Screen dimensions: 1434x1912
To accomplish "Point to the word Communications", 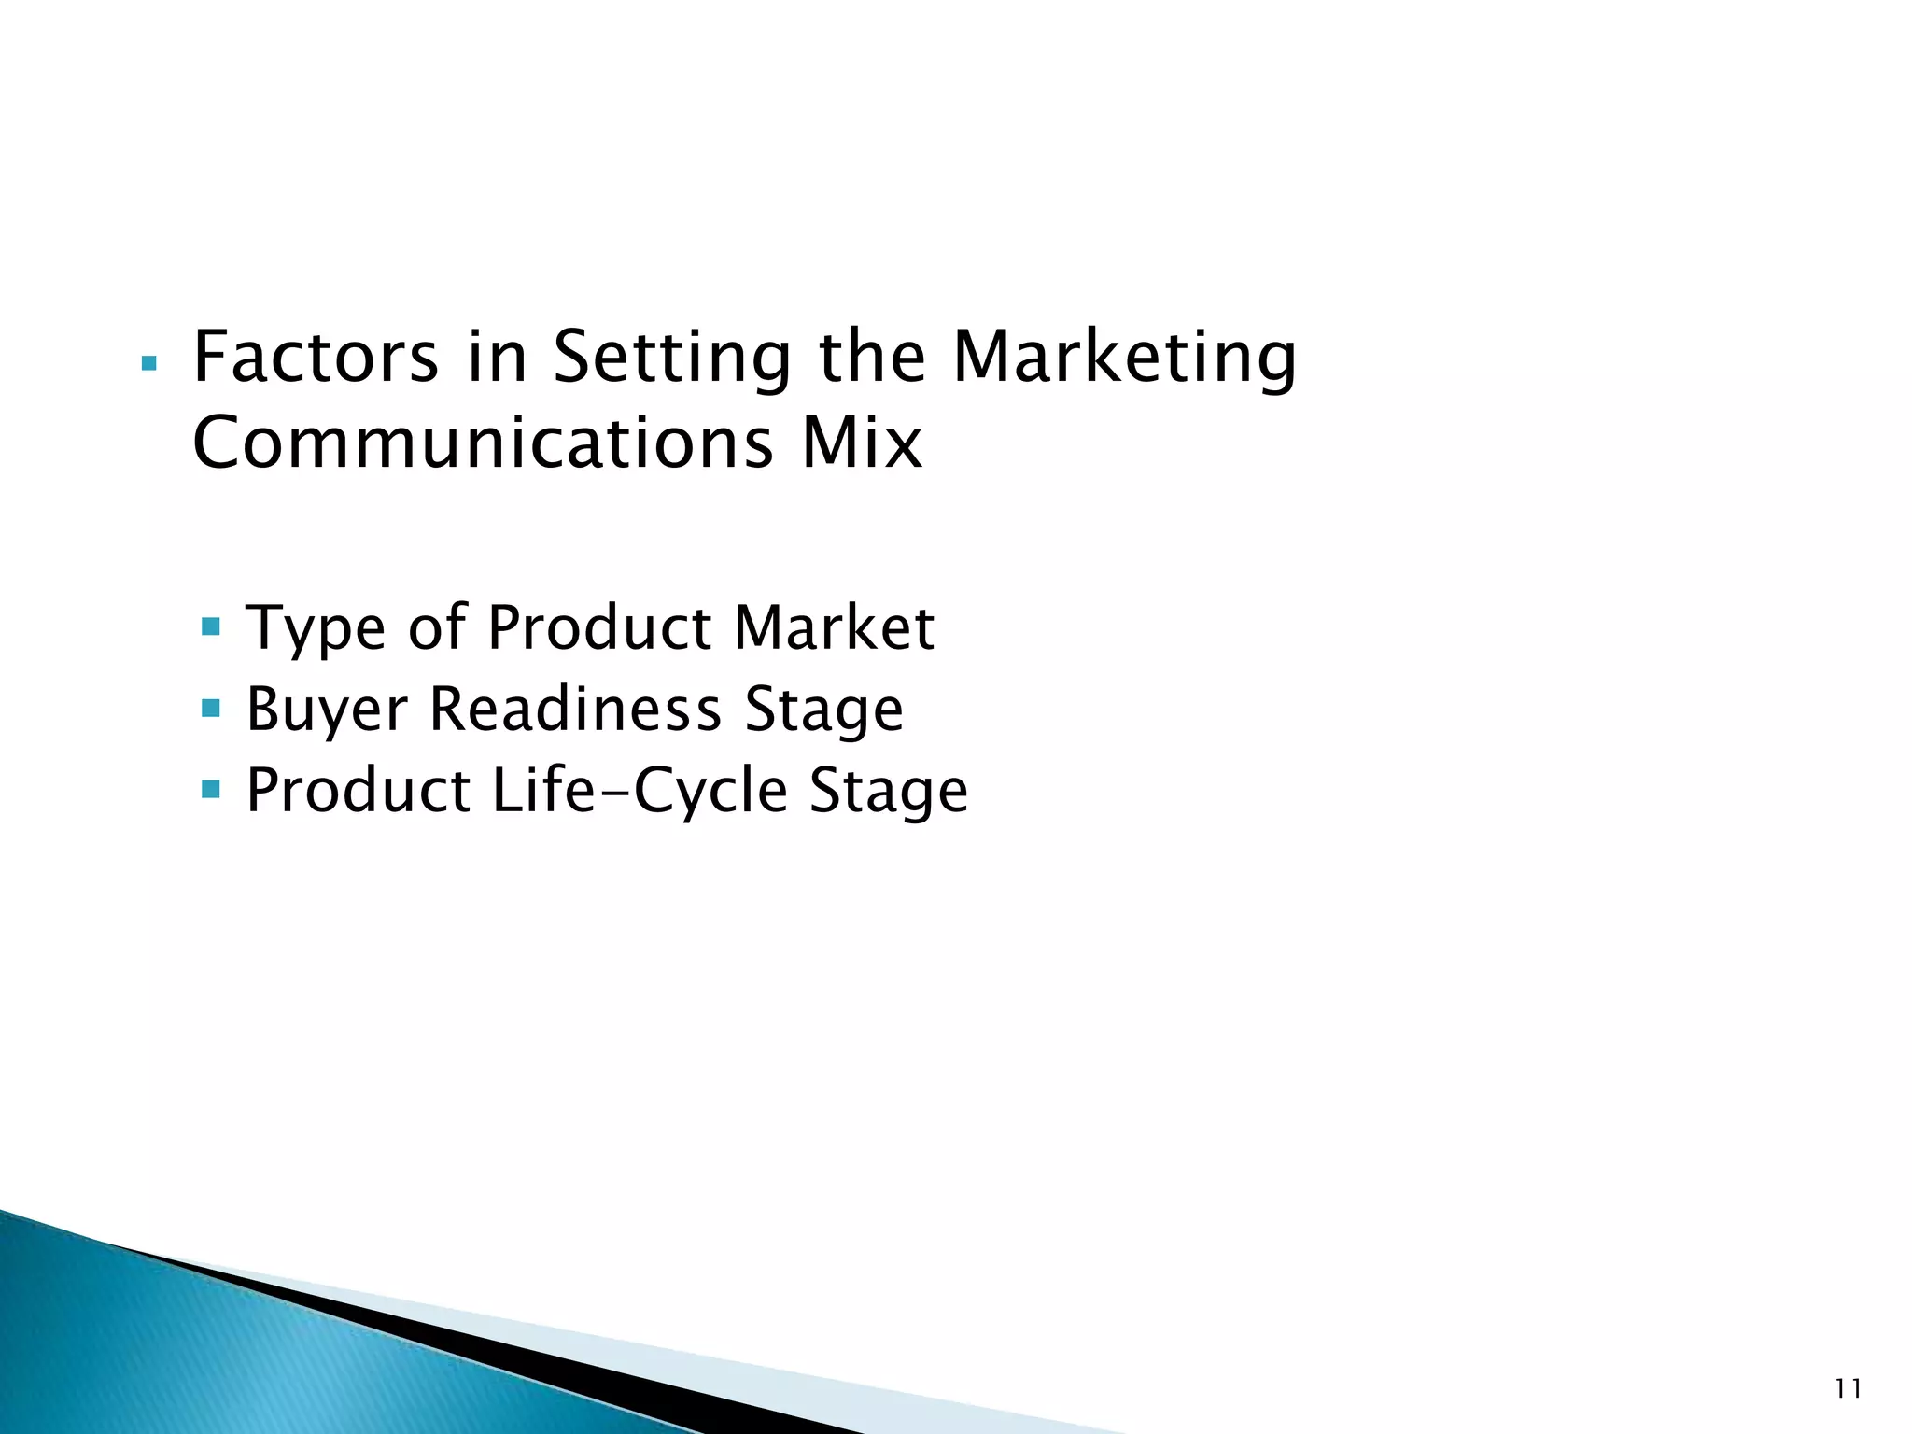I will (x=483, y=443).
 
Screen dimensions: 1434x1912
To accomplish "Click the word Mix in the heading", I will (x=861, y=443).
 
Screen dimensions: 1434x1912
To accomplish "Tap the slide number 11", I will (x=1848, y=1389).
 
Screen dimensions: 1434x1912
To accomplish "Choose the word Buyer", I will (x=327, y=710).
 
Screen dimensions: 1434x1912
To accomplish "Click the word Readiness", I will (x=575, y=709).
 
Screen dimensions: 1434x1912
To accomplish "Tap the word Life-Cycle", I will (x=640, y=791).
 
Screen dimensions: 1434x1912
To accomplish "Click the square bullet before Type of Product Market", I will (x=211, y=626).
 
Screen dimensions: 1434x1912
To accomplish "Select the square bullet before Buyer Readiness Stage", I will (x=211, y=708).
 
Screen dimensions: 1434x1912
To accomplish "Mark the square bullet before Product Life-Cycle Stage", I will (x=211, y=790).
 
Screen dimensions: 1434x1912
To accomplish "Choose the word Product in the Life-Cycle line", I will (x=358, y=791).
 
